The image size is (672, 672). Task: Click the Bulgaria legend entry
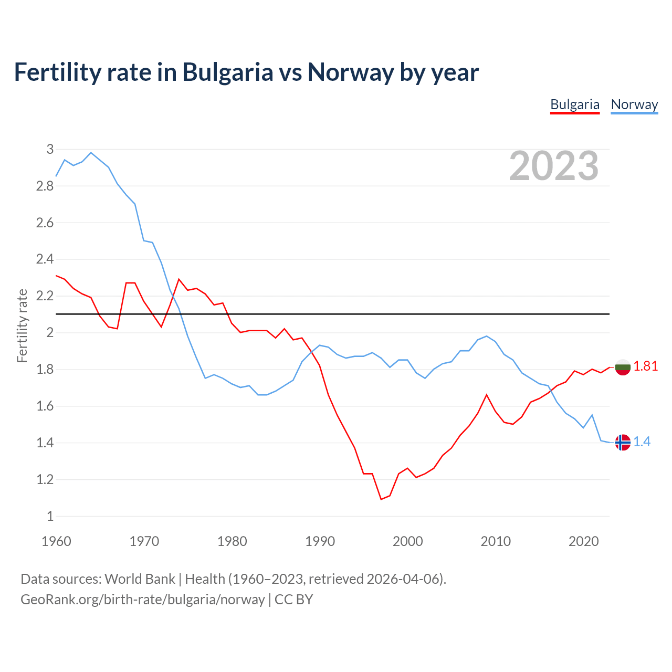[x=574, y=104]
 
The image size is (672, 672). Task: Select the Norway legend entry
[x=634, y=104]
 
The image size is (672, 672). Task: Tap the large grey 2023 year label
[x=554, y=166]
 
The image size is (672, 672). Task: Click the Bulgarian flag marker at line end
[x=623, y=367]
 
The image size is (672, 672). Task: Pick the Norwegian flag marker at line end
[x=623, y=443]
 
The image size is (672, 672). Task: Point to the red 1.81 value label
[x=646, y=366]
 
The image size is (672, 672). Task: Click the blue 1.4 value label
[x=642, y=442]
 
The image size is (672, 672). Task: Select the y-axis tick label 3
[x=50, y=149]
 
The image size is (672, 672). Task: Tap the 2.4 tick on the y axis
[x=45, y=259]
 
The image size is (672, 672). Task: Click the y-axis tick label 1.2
[x=45, y=479]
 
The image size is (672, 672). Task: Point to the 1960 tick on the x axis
[x=56, y=541]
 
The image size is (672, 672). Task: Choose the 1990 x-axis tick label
[x=320, y=541]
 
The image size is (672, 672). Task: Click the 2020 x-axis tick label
[x=583, y=541]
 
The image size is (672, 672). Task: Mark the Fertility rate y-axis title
[x=22, y=325]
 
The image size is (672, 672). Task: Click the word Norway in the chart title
[x=350, y=72]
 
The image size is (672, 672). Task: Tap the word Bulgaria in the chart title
[x=227, y=72]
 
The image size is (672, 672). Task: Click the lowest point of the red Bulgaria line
[x=381, y=499]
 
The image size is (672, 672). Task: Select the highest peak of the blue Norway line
[x=91, y=153]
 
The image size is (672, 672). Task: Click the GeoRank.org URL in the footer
[x=142, y=600]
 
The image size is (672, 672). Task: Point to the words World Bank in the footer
[x=140, y=579]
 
